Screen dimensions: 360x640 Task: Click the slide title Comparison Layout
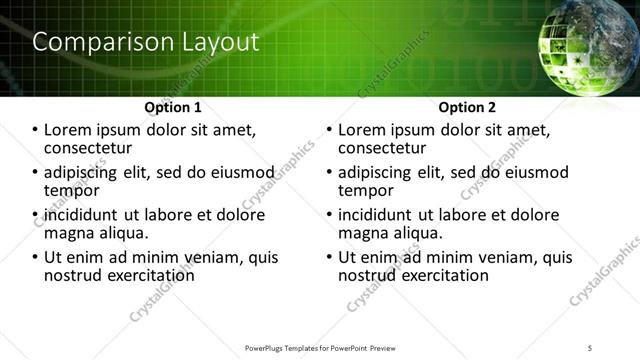pos(146,42)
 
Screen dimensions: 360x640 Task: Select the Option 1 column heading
pos(173,106)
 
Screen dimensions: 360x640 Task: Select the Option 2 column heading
pos(467,106)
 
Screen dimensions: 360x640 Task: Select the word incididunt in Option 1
pos(81,215)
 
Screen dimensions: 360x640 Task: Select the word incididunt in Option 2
pos(375,215)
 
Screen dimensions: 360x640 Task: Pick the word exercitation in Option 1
pos(145,275)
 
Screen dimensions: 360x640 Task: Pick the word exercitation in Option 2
pos(439,275)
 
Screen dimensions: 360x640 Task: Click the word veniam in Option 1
pos(220,257)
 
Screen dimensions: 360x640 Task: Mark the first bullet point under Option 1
pos(36,131)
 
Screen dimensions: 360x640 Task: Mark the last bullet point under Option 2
pos(330,258)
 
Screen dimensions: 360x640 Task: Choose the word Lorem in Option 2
pos(362,130)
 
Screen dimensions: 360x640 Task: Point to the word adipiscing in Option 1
pos(86,172)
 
